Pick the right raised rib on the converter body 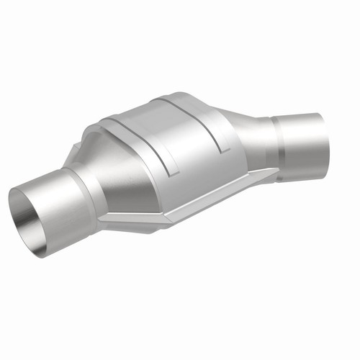pos(212,122)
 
